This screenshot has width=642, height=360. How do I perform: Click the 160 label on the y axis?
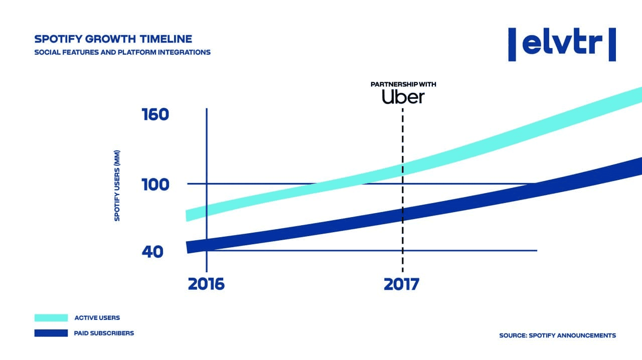tap(155, 115)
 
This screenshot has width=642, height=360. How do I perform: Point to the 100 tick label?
tap(155, 185)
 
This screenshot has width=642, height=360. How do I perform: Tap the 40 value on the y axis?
tap(152, 251)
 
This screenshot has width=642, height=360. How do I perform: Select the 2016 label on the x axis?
tap(206, 284)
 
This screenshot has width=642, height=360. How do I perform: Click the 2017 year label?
tap(401, 284)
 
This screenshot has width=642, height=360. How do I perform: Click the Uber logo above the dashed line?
tap(403, 97)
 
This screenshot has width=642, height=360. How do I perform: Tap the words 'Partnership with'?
tap(403, 84)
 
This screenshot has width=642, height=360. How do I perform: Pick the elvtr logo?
tap(562, 45)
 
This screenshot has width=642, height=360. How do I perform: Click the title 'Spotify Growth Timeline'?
tap(113, 39)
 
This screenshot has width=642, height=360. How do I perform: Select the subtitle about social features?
tap(122, 52)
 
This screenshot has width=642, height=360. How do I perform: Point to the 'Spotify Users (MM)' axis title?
tap(117, 186)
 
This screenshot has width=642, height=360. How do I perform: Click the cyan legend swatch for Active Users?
tap(51, 317)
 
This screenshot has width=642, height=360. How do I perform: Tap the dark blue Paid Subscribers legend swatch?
tap(51, 333)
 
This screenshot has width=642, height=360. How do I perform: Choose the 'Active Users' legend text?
tap(97, 317)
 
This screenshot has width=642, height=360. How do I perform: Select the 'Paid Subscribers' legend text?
tap(104, 333)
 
